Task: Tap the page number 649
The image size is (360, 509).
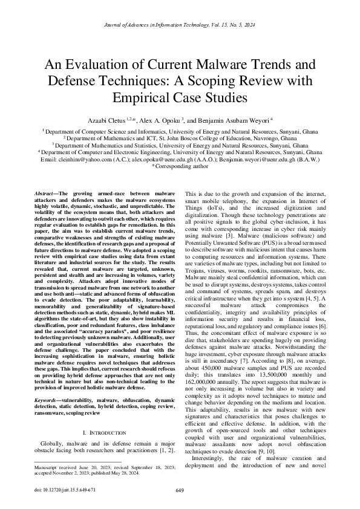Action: click(x=180, y=490)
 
